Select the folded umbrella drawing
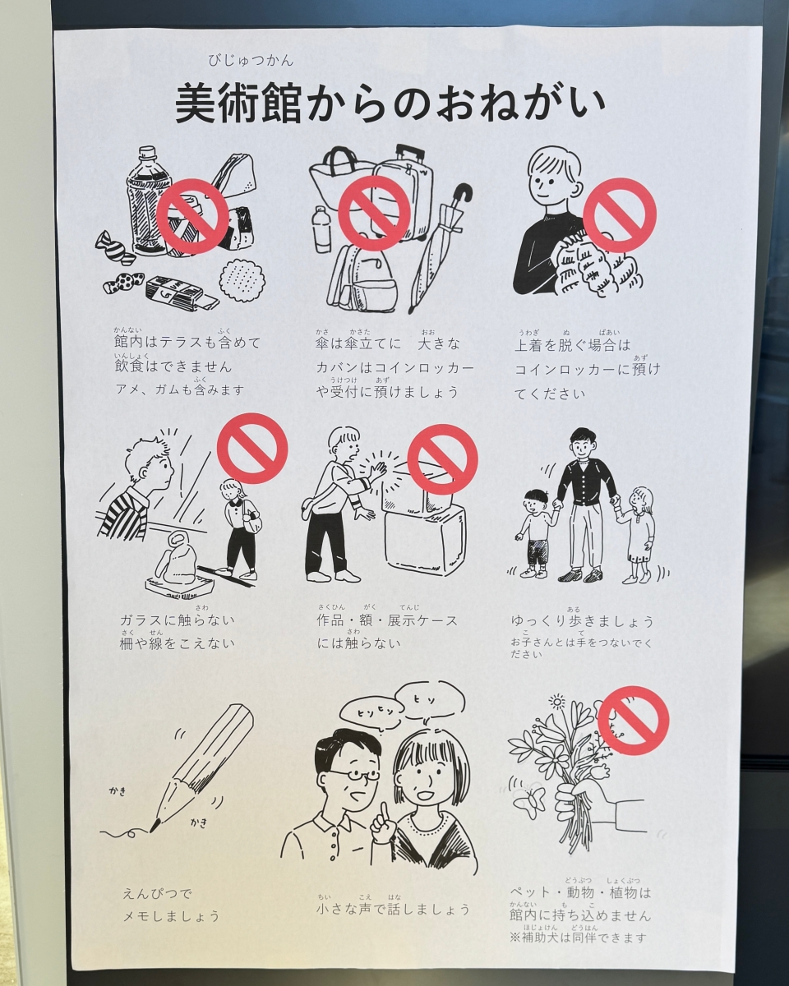pyautogui.click(x=440, y=246)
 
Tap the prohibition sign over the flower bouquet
pyautogui.click(x=633, y=721)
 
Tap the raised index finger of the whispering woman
pyautogui.click(x=383, y=822)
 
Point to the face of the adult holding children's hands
pyautogui.click(x=583, y=449)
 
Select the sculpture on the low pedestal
pyautogui.click(x=177, y=563)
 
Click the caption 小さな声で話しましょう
pyautogui.click(x=394, y=909)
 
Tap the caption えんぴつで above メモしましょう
pyautogui.click(x=157, y=892)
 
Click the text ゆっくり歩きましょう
pyautogui.click(x=582, y=621)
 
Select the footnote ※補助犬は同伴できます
pyautogui.click(x=578, y=938)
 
